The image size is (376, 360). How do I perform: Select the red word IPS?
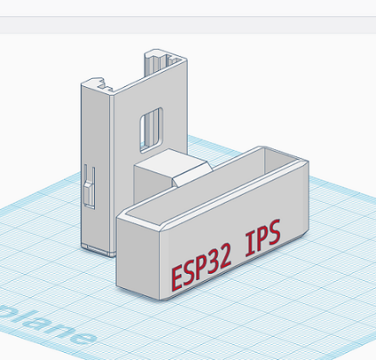pyautogui.click(x=262, y=237)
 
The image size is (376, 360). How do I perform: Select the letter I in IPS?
pyautogui.click(x=249, y=243)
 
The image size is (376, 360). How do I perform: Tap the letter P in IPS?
pyautogui.click(x=262, y=237)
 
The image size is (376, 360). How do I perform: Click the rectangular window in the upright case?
pyautogui.click(x=152, y=125)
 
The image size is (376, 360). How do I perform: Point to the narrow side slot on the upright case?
pyautogui.click(x=87, y=187)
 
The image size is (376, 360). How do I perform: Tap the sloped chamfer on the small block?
pyautogui.click(x=192, y=173)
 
